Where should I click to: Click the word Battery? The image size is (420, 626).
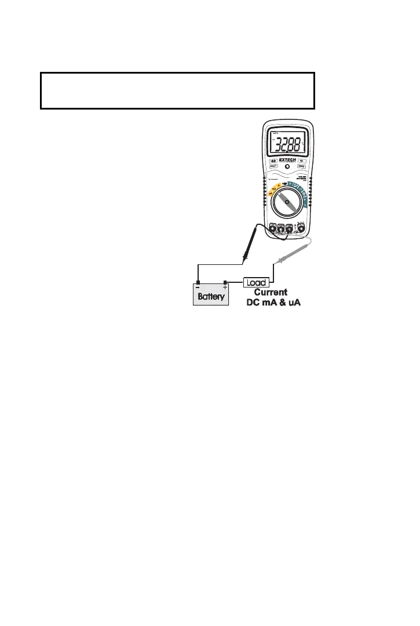pyautogui.click(x=211, y=296)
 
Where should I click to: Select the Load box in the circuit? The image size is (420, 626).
pyautogui.click(x=256, y=282)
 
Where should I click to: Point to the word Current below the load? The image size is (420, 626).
pyautogui.click(x=271, y=292)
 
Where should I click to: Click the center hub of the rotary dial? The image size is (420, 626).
pyautogui.click(x=287, y=202)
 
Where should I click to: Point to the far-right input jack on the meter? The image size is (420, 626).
pyautogui.click(x=301, y=228)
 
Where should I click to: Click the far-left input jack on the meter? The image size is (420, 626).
pyautogui.click(x=273, y=228)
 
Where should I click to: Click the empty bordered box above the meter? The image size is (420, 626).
pyautogui.click(x=177, y=90)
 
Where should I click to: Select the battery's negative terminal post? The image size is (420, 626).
pyautogui.click(x=198, y=282)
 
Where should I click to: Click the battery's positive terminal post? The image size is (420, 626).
pyautogui.click(x=225, y=282)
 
